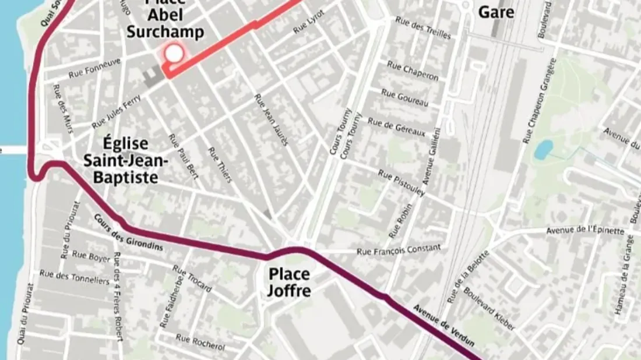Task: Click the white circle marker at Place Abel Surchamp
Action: coord(174,54)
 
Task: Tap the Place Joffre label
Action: coord(289,282)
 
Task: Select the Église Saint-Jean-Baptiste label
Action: coord(121,161)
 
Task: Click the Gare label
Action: coord(496,12)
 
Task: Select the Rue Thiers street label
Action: coord(220,164)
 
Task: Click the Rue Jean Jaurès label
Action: coord(272,120)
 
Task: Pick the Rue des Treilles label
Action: coord(423,27)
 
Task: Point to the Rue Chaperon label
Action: coord(413,70)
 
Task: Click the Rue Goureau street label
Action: coord(404,97)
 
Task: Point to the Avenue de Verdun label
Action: coord(443,325)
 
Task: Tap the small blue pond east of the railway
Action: coord(543,150)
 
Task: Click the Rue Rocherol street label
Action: coord(200,341)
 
